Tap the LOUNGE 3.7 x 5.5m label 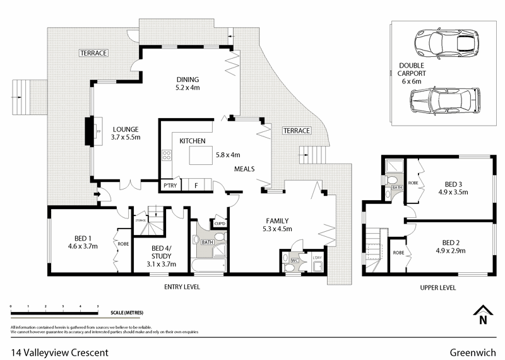(125, 132)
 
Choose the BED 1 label (82, 242)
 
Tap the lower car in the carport (442, 101)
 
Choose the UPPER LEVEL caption (437, 287)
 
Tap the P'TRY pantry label (169, 186)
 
